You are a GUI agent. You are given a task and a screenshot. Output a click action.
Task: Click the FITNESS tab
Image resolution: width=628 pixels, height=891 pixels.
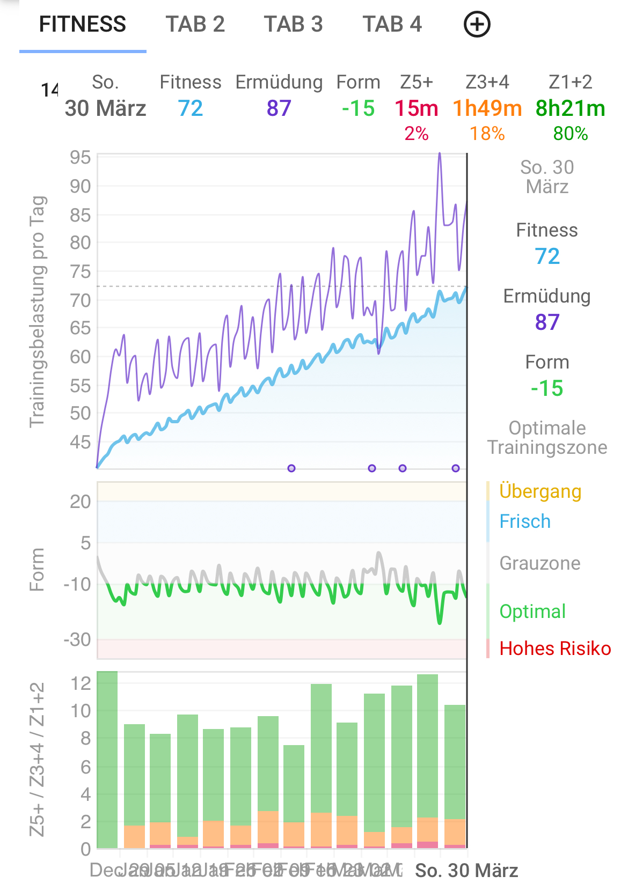click(x=83, y=25)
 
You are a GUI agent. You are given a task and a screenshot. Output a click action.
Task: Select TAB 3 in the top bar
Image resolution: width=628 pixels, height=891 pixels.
click(x=293, y=25)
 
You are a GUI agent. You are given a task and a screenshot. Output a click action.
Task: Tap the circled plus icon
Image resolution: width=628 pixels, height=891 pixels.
click(x=477, y=25)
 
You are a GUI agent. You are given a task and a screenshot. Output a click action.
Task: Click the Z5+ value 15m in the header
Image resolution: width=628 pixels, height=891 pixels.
click(x=417, y=108)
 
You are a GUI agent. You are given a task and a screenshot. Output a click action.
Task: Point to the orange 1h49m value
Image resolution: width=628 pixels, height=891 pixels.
click(x=487, y=108)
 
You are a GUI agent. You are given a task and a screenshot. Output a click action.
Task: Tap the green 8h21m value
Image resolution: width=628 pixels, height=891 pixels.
click(x=570, y=108)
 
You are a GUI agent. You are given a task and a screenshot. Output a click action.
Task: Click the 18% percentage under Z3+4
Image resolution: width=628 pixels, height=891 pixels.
click(x=487, y=134)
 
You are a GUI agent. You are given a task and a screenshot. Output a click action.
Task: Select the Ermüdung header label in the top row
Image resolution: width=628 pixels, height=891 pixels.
click(x=279, y=82)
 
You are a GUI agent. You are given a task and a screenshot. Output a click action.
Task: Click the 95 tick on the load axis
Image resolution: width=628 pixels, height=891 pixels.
click(x=81, y=158)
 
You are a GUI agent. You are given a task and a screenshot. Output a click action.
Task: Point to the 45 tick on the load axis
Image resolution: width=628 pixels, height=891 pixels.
click(x=81, y=443)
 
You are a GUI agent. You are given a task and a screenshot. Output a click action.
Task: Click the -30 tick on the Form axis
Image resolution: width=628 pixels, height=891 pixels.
click(x=77, y=639)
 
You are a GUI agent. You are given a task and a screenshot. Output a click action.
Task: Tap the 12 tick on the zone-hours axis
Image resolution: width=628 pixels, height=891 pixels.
click(x=81, y=683)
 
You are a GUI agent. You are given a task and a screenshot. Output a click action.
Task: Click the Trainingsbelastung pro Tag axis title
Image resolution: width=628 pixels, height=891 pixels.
click(x=38, y=311)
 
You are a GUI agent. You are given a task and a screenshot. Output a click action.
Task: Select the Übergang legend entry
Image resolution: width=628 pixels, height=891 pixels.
click(x=540, y=491)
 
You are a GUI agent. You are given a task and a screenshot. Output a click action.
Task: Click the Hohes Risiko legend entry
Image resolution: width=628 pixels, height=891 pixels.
click(x=555, y=649)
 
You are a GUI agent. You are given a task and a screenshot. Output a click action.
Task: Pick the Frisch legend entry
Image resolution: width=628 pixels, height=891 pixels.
click(x=525, y=521)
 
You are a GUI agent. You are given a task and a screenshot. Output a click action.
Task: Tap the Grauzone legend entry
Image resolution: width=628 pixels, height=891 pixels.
click(x=540, y=563)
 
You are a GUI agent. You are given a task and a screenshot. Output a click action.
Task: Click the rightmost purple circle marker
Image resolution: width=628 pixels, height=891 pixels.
click(x=456, y=468)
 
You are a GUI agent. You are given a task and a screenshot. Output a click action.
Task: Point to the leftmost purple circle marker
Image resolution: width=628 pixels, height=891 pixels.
click(x=291, y=468)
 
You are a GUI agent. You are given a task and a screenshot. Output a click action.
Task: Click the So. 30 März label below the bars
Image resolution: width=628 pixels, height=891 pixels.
click(x=466, y=871)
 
